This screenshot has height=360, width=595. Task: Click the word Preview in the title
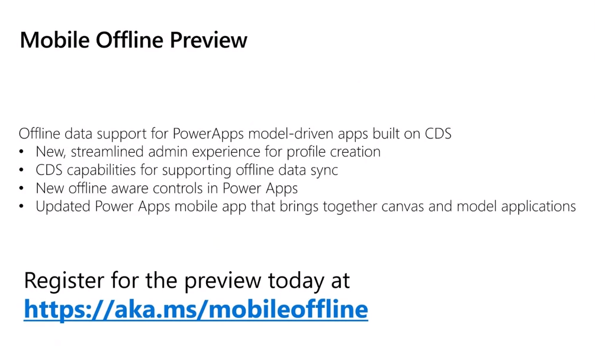[x=208, y=40]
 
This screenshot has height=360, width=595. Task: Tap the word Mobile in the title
[x=54, y=40]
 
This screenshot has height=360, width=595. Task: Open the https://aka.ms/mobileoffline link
[x=196, y=309]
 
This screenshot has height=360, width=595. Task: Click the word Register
[x=64, y=282]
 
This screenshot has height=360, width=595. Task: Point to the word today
[x=296, y=282]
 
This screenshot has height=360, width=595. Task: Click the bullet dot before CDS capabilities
[x=21, y=171]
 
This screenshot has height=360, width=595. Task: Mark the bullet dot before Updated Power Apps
[x=21, y=207]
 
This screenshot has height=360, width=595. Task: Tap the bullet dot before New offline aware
[x=21, y=188]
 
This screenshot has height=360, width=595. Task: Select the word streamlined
[x=107, y=152]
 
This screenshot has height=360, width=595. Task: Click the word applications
[x=538, y=207]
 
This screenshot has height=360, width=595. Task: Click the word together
[x=350, y=207]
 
